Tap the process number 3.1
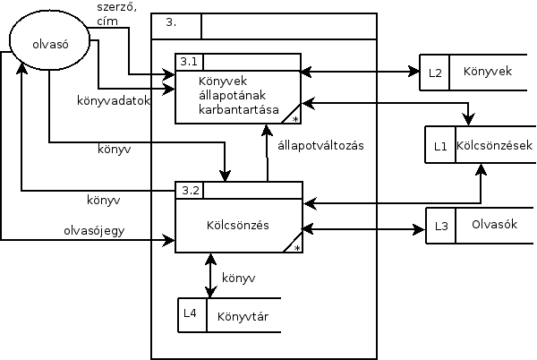point(188,62)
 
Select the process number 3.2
point(188,189)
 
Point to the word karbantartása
point(234,110)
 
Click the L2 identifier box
point(435,73)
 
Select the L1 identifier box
point(439,144)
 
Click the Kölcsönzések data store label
point(494,144)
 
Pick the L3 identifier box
point(439,226)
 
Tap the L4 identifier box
point(192,313)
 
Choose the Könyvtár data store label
point(243,315)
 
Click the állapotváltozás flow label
point(320,146)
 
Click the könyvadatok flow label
point(112,100)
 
